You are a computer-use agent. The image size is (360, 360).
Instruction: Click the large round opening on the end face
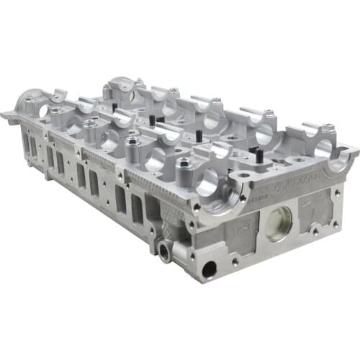[278, 223]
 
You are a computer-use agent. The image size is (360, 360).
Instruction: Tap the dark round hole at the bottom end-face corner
[210, 269]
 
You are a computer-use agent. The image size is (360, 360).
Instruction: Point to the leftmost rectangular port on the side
[32, 147]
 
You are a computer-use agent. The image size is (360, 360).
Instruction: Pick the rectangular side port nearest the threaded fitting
[152, 210]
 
